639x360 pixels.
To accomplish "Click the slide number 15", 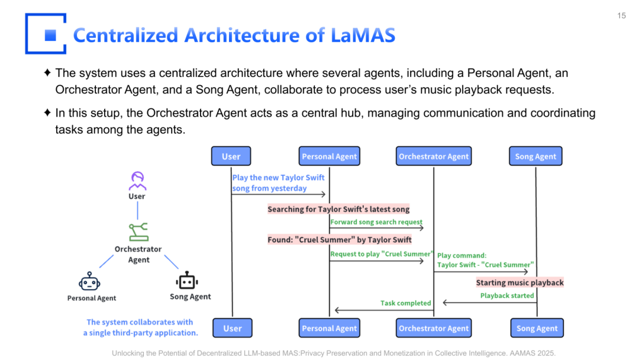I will [621, 15].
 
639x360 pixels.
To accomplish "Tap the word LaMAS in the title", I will [363, 35].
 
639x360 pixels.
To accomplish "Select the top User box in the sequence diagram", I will [231, 156].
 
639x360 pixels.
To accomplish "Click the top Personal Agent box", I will [330, 156].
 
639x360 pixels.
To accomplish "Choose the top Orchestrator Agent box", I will [434, 156].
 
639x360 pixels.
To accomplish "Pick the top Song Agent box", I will [535, 156].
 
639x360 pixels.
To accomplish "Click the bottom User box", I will [232, 328].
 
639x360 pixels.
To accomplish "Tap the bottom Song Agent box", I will [537, 328].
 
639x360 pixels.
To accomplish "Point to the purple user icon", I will [137, 181].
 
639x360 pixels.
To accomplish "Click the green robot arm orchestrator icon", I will [138, 231].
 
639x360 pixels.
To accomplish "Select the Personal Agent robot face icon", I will [90, 282].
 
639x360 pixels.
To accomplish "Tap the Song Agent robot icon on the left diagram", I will [188, 281].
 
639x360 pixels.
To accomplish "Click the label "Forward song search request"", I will [376, 222].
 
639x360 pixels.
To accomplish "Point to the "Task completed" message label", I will [405, 303].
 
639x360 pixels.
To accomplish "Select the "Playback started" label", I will [507, 295].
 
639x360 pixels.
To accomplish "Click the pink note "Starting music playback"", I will [519, 282].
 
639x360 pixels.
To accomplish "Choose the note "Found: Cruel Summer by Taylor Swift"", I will [340, 240].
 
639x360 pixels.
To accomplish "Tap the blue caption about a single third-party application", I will [140, 327].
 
